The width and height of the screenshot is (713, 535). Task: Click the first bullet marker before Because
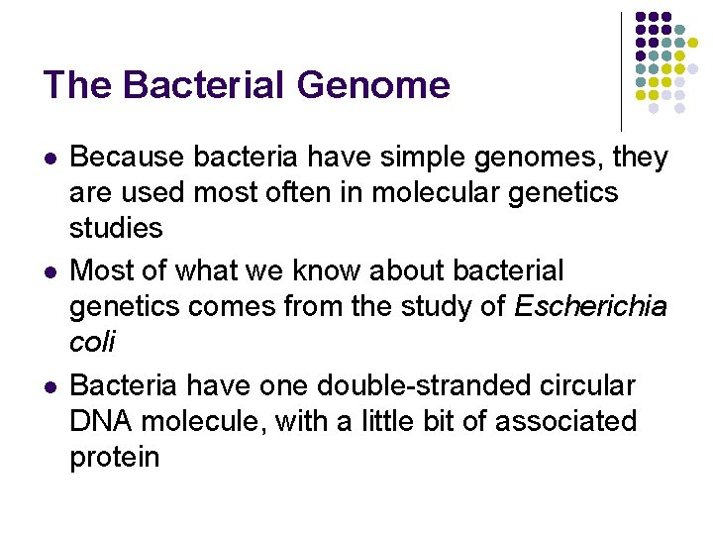51,159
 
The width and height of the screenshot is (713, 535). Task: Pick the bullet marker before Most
51,271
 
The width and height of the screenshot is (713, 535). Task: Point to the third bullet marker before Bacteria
51,384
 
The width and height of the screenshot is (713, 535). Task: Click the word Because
128,158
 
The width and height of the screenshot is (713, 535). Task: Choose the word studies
116,228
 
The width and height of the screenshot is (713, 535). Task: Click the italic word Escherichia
591,306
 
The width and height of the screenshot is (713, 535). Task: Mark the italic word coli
92,342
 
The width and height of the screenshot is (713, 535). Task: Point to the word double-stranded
405,384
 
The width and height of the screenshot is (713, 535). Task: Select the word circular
583,384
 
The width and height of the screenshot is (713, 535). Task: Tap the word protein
114,457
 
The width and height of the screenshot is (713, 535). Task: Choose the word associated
565,420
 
